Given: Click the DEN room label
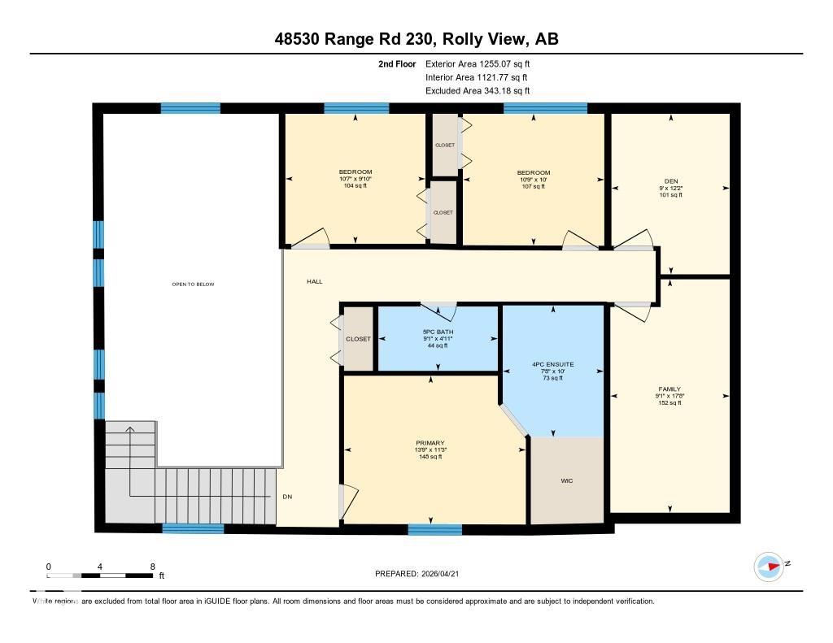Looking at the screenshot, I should [x=670, y=180].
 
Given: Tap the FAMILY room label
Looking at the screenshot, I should [x=669, y=389].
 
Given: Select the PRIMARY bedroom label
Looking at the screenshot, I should [x=430, y=443].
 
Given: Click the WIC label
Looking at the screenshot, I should [x=567, y=481].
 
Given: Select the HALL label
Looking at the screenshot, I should [x=314, y=281].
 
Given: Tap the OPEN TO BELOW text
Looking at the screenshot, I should [x=193, y=284].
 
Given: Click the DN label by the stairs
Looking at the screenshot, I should [x=287, y=497].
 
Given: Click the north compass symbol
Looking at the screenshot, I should [x=768, y=566].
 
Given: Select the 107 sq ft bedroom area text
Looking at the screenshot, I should [x=534, y=186].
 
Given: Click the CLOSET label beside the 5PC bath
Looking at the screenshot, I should [x=358, y=339].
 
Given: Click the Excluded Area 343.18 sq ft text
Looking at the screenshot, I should [x=478, y=91].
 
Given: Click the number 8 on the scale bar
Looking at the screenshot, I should [x=152, y=566].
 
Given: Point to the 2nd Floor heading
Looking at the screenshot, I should [x=397, y=63].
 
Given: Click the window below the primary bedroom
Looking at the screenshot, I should [x=434, y=530].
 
